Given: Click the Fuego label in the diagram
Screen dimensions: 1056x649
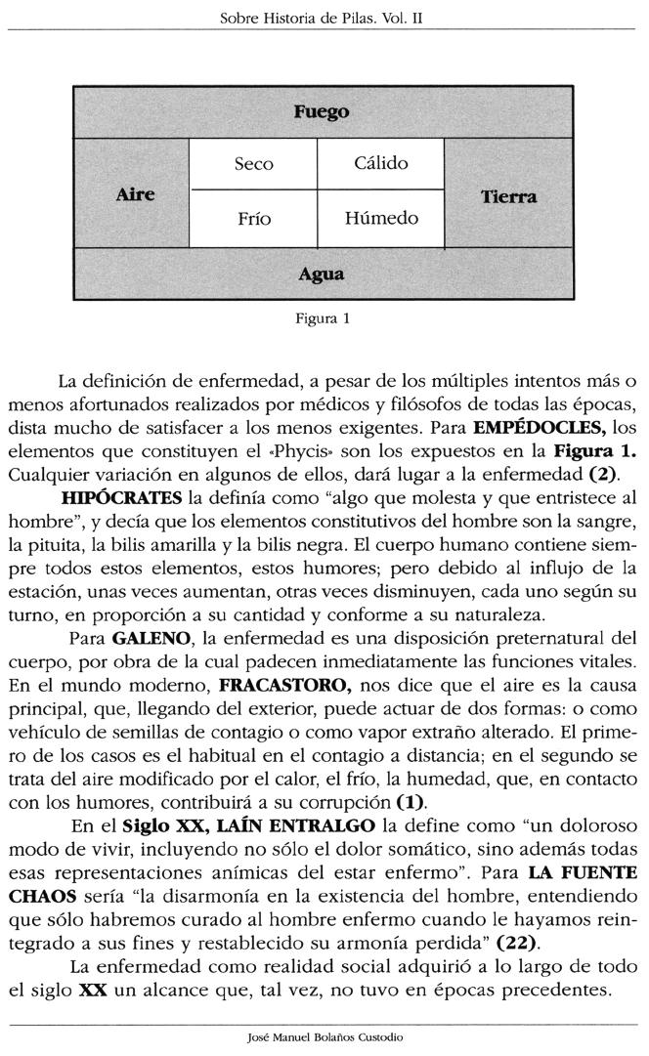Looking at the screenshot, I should pyautogui.click(x=322, y=112).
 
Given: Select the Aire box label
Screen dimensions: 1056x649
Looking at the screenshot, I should pyautogui.click(x=135, y=193).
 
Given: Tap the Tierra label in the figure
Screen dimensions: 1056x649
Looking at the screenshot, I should pyautogui.click(x=508, y=196).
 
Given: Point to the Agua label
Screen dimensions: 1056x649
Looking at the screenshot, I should pyautogui.click(x=322, y=275).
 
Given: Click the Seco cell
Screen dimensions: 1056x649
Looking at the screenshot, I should pyautogui.click(x=254, y=164).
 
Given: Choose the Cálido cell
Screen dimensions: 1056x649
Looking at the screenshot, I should pyautogui.click(x=381, y=164).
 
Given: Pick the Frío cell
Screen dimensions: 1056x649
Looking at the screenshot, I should pyautogui.click(x=254, y=219).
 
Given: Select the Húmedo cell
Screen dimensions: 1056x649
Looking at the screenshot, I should pyautogui.click(x=381, y=219).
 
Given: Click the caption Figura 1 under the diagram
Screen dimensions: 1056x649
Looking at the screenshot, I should pyautogui.click(x=323, y=317).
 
